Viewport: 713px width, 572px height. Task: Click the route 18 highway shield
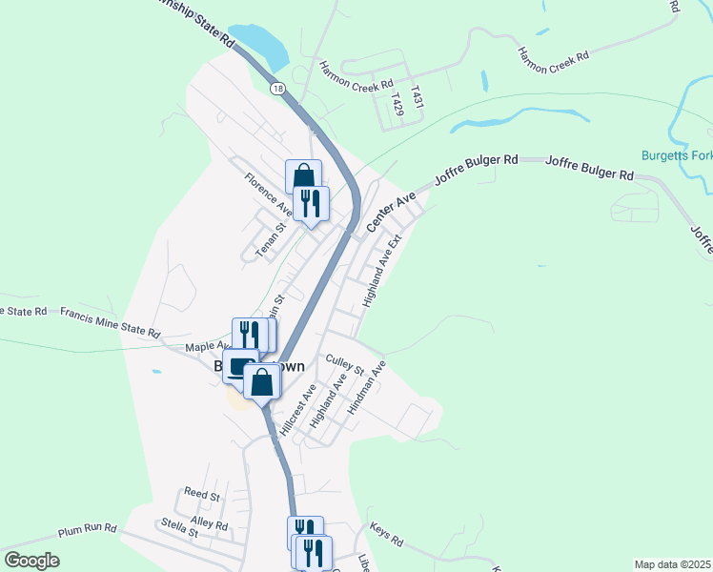coord(276,89)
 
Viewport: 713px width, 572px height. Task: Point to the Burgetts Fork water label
coord(676,154)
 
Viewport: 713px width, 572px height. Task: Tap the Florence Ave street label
coord(268,194)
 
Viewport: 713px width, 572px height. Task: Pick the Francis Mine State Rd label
coord(109,321)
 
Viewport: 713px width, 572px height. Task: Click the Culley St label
coord(345,363)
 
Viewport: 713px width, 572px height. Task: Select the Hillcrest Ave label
coord(306,408)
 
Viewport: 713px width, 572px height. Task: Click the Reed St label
coord(202,496)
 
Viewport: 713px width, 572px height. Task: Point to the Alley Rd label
coord(209,523)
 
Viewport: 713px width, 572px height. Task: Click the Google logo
coord(31,561)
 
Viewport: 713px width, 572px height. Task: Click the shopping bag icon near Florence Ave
coord(303,176)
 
